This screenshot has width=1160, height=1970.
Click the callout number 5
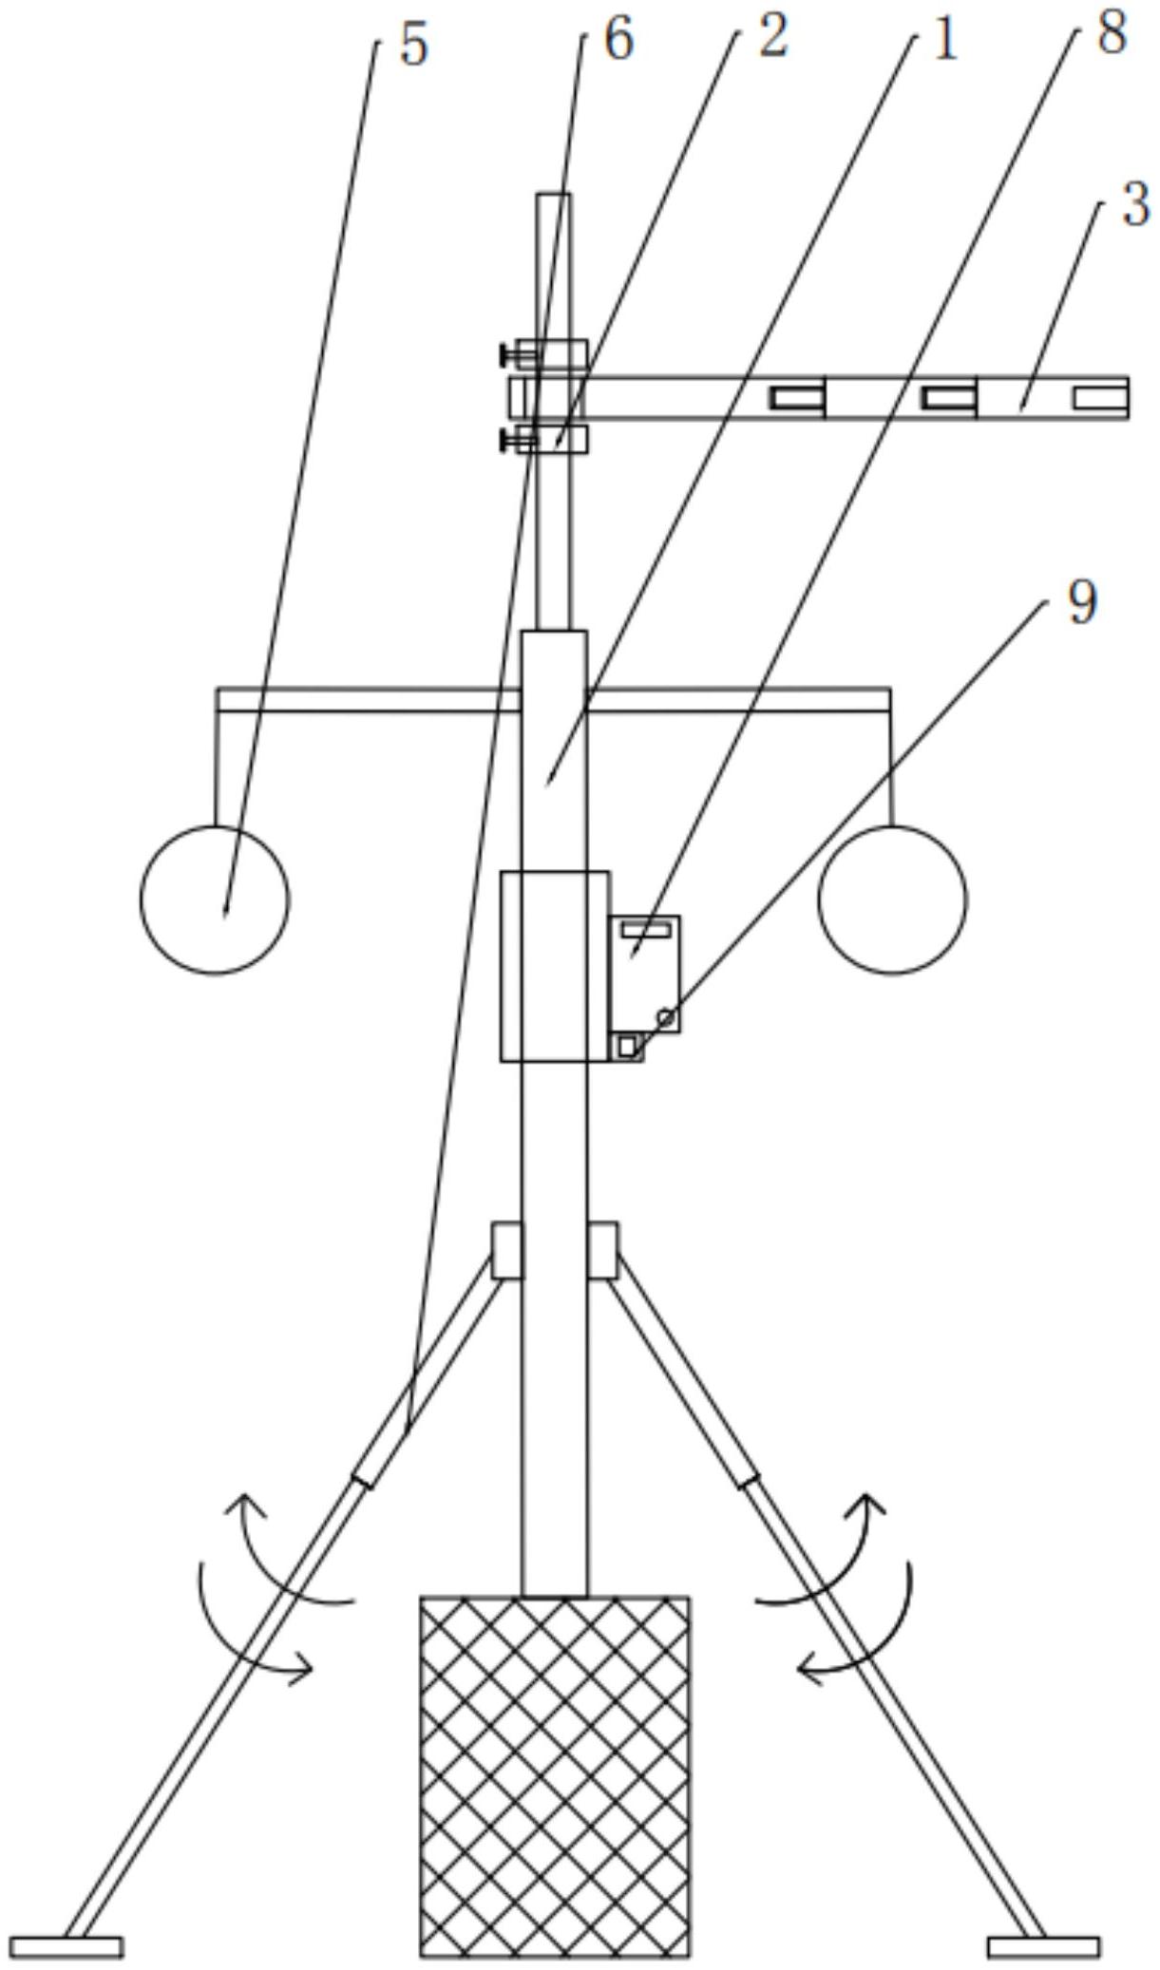[x=413, y=45]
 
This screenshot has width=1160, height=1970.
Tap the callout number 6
[x=618, y=41]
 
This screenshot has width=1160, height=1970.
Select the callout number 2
[x=772, y=39]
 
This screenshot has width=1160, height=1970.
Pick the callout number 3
[x=1134, y=204]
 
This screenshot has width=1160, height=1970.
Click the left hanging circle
[x=215, y=899]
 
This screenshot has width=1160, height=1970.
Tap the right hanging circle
[x=892, y=899]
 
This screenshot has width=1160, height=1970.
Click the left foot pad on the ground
[x=67, y=1946]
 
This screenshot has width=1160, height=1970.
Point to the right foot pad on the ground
[x=1043, y=1946]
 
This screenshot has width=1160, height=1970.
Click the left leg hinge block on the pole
[x=506, y=1250]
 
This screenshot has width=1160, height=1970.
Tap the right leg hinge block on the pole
[x=602, y=1250]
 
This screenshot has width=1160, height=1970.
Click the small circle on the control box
[x=666, y=1017]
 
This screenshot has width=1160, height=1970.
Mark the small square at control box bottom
[x=626, y=1046]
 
